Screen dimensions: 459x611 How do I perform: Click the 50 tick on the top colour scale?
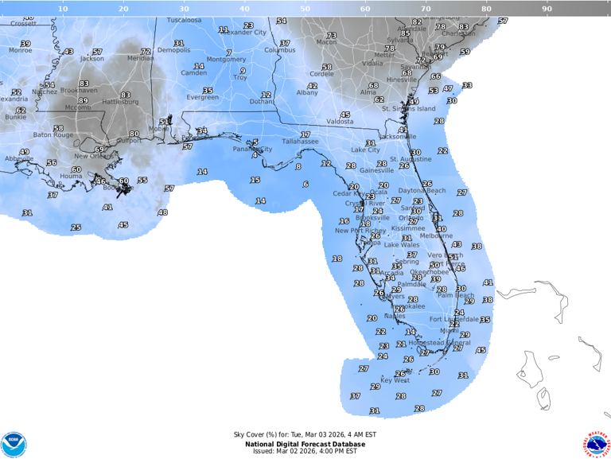coord(305,9)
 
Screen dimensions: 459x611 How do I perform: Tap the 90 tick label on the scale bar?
coord(547,9)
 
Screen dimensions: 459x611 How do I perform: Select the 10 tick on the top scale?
coord(63,9)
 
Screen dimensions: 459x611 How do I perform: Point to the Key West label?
coord(395,380)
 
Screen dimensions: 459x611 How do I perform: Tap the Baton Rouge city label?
coord(53,135)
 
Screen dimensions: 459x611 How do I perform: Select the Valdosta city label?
coord(340,122)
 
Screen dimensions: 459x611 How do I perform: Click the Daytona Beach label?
coord(422,191)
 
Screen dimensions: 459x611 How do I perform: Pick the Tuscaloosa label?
coord(184,20)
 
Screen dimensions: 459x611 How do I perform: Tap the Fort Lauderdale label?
coord(451,319)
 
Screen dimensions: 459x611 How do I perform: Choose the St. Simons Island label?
coord(409,109)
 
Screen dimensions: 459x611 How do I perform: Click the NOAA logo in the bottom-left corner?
coord(14,444)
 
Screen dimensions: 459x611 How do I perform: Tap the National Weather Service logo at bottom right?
coord(596,444)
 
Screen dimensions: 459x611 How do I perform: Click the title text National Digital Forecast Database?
coord(305,443)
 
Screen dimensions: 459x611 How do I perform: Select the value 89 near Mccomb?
coord(83,100)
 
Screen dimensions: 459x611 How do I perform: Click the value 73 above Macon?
coord(331,36)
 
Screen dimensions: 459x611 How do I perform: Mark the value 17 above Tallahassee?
coord(305,134)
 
